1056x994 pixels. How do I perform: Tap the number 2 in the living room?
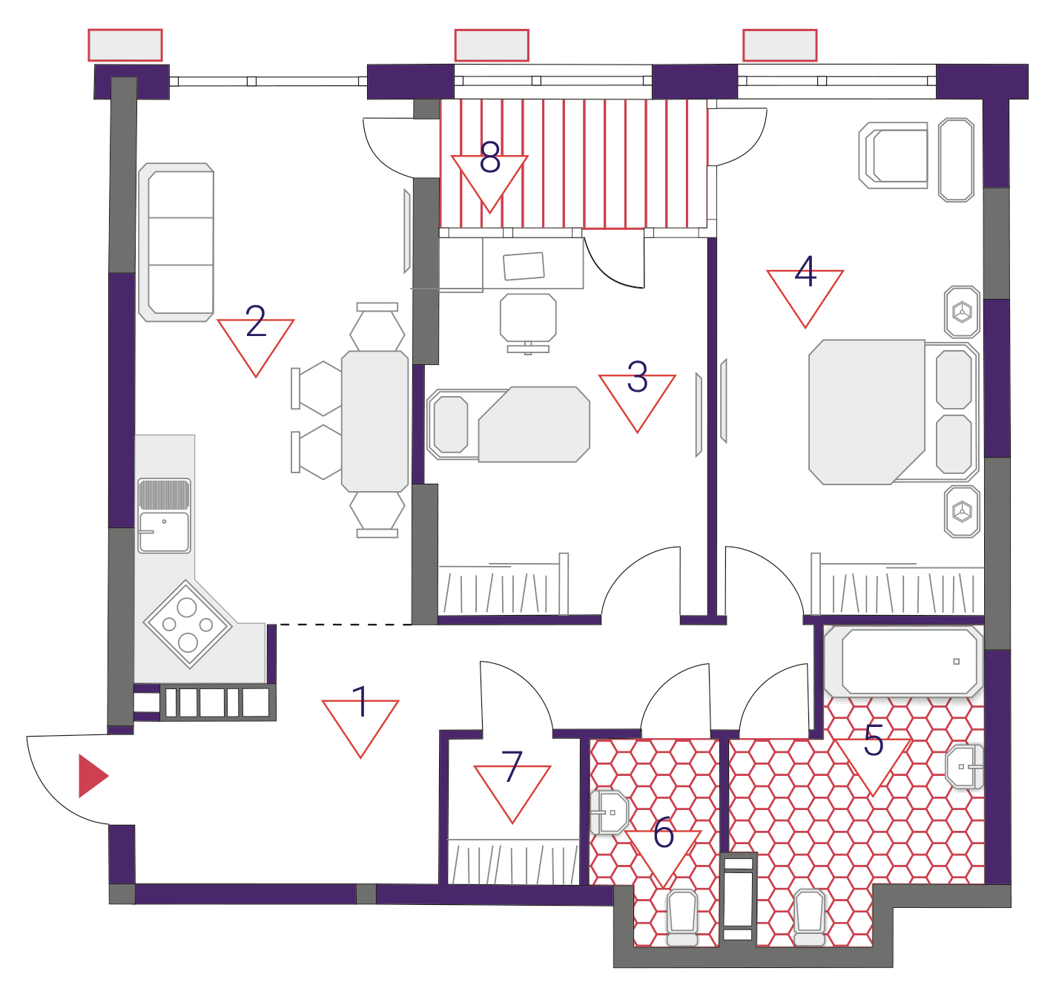(x=256, y=320)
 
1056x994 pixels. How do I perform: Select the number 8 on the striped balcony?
(x=489, y=157)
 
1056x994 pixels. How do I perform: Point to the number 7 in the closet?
(x=512, y=766)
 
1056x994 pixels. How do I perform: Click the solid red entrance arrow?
(x=93, y=776)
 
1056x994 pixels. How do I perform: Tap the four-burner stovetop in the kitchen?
(x=188, y=624)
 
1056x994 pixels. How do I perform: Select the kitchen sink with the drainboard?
(x=164, y=515)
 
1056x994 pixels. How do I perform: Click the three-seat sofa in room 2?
(x=176, y=242)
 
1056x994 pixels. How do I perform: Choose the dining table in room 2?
(x=374, y=421)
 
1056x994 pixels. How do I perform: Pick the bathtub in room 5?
(x=903, y=662)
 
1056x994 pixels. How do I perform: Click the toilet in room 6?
(x=682, y=918)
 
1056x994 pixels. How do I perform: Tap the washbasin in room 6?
(x=610, y=812)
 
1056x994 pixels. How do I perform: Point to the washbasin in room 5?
(x=964, y=766)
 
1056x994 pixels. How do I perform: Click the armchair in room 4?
(x=894, y=155)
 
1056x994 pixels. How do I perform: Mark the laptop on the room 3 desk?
(x=524, y=266)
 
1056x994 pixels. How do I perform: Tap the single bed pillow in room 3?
(x=451, y=424)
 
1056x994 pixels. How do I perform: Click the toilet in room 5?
(x=809, y=918)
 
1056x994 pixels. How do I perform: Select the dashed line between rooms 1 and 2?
(x=345, y=624)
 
